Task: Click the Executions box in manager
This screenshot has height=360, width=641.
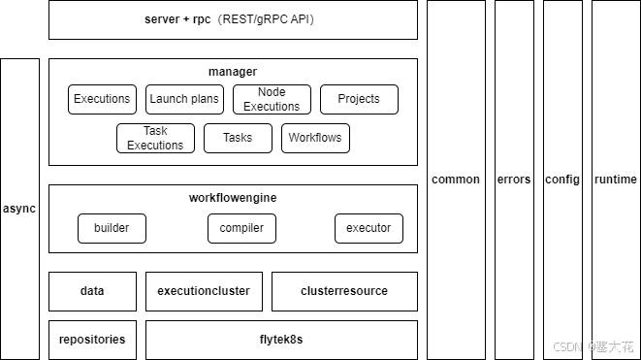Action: pos(102,99)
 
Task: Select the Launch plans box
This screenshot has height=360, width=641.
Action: pos(184,99)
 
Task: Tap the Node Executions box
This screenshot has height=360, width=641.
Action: pos(272,99)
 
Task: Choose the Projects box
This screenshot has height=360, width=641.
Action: pos(359,99)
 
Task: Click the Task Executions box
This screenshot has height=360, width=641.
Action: pos(155,138)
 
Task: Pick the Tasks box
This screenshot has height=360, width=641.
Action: pos(238,138)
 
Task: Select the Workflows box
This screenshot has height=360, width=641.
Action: pos(315,138)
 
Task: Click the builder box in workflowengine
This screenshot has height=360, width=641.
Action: pos(112,228)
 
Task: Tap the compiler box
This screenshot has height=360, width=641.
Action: pos(241,228)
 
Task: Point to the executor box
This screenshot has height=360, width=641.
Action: pos(369,228)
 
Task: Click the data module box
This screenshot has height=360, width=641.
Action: pos(92,291)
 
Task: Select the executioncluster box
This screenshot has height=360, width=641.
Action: pos(204,291)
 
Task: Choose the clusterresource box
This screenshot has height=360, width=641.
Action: pos(344,291)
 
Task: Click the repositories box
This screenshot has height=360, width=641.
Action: pos(92,340)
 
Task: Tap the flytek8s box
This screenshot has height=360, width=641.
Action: pos(281,340)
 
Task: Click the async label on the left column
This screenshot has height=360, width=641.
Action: pos(19,209)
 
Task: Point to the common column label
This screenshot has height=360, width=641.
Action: pos(456,180)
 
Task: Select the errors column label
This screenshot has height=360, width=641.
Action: pos(514,180)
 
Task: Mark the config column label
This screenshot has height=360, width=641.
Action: pos(562,180)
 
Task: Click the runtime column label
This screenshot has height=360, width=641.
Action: pos(616,180)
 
